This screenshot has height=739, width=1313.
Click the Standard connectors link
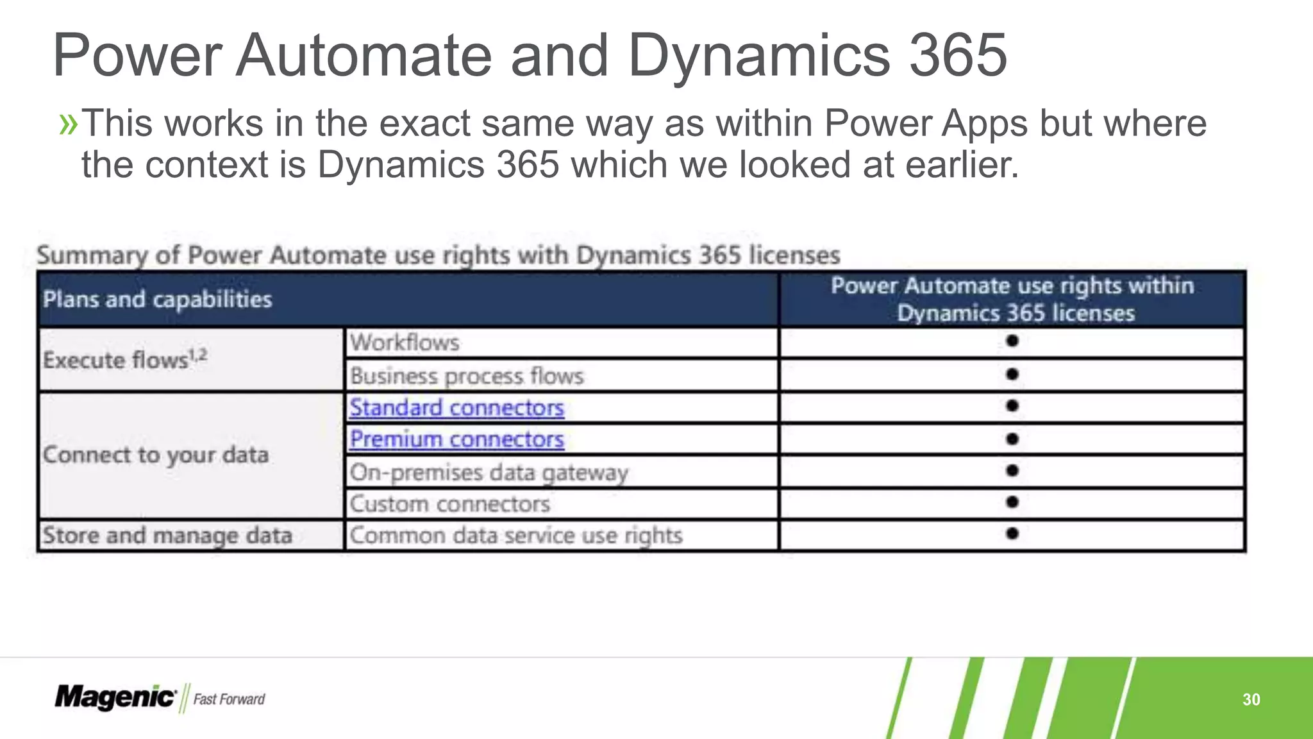(x=456, y=408)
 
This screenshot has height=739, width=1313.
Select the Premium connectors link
(x=456, y=439)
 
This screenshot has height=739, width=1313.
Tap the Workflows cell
(x=405, y=343)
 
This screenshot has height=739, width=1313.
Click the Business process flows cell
(x=467, y=376)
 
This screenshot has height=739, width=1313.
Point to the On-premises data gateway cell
(x=489, y=473)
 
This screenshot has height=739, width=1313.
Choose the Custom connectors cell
(x=449, y=504)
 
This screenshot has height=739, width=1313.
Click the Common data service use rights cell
(x=515, y=536)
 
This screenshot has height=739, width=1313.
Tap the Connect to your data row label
(x=156, y=455)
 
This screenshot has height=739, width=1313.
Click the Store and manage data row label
(x=167, y=536)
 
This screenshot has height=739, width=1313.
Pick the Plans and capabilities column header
(x=158, y=300)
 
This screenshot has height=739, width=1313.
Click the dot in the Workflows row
(x=1012, y=341)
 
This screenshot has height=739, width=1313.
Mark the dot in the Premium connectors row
(x=1012, y=439)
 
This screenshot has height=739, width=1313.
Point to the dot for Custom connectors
(x=1012, y=502)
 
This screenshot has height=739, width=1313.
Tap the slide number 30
(x=1251, y=699)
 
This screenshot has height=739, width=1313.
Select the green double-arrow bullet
(x=68, y=124)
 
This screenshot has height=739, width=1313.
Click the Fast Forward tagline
(x=229, y=699)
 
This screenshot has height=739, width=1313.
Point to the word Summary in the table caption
(x=92, y=255)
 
